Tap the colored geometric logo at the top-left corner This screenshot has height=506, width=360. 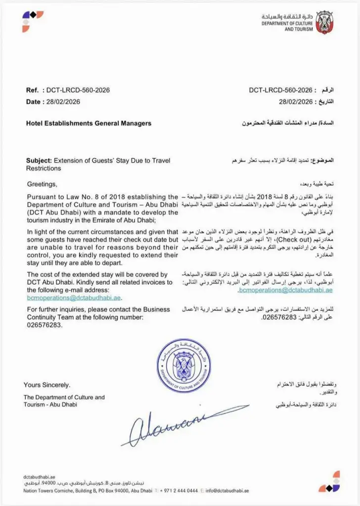pos(33,21)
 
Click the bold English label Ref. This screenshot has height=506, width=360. pos(32,90)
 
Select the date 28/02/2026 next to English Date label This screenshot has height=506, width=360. pos(62,102)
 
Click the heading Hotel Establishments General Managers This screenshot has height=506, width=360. pos(89,123)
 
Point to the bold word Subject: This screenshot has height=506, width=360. pos(39,160)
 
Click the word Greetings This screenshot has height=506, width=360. pos(42,184)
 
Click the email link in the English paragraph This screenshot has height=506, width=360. pos(74,298)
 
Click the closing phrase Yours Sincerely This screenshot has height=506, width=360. pos(47,385)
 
